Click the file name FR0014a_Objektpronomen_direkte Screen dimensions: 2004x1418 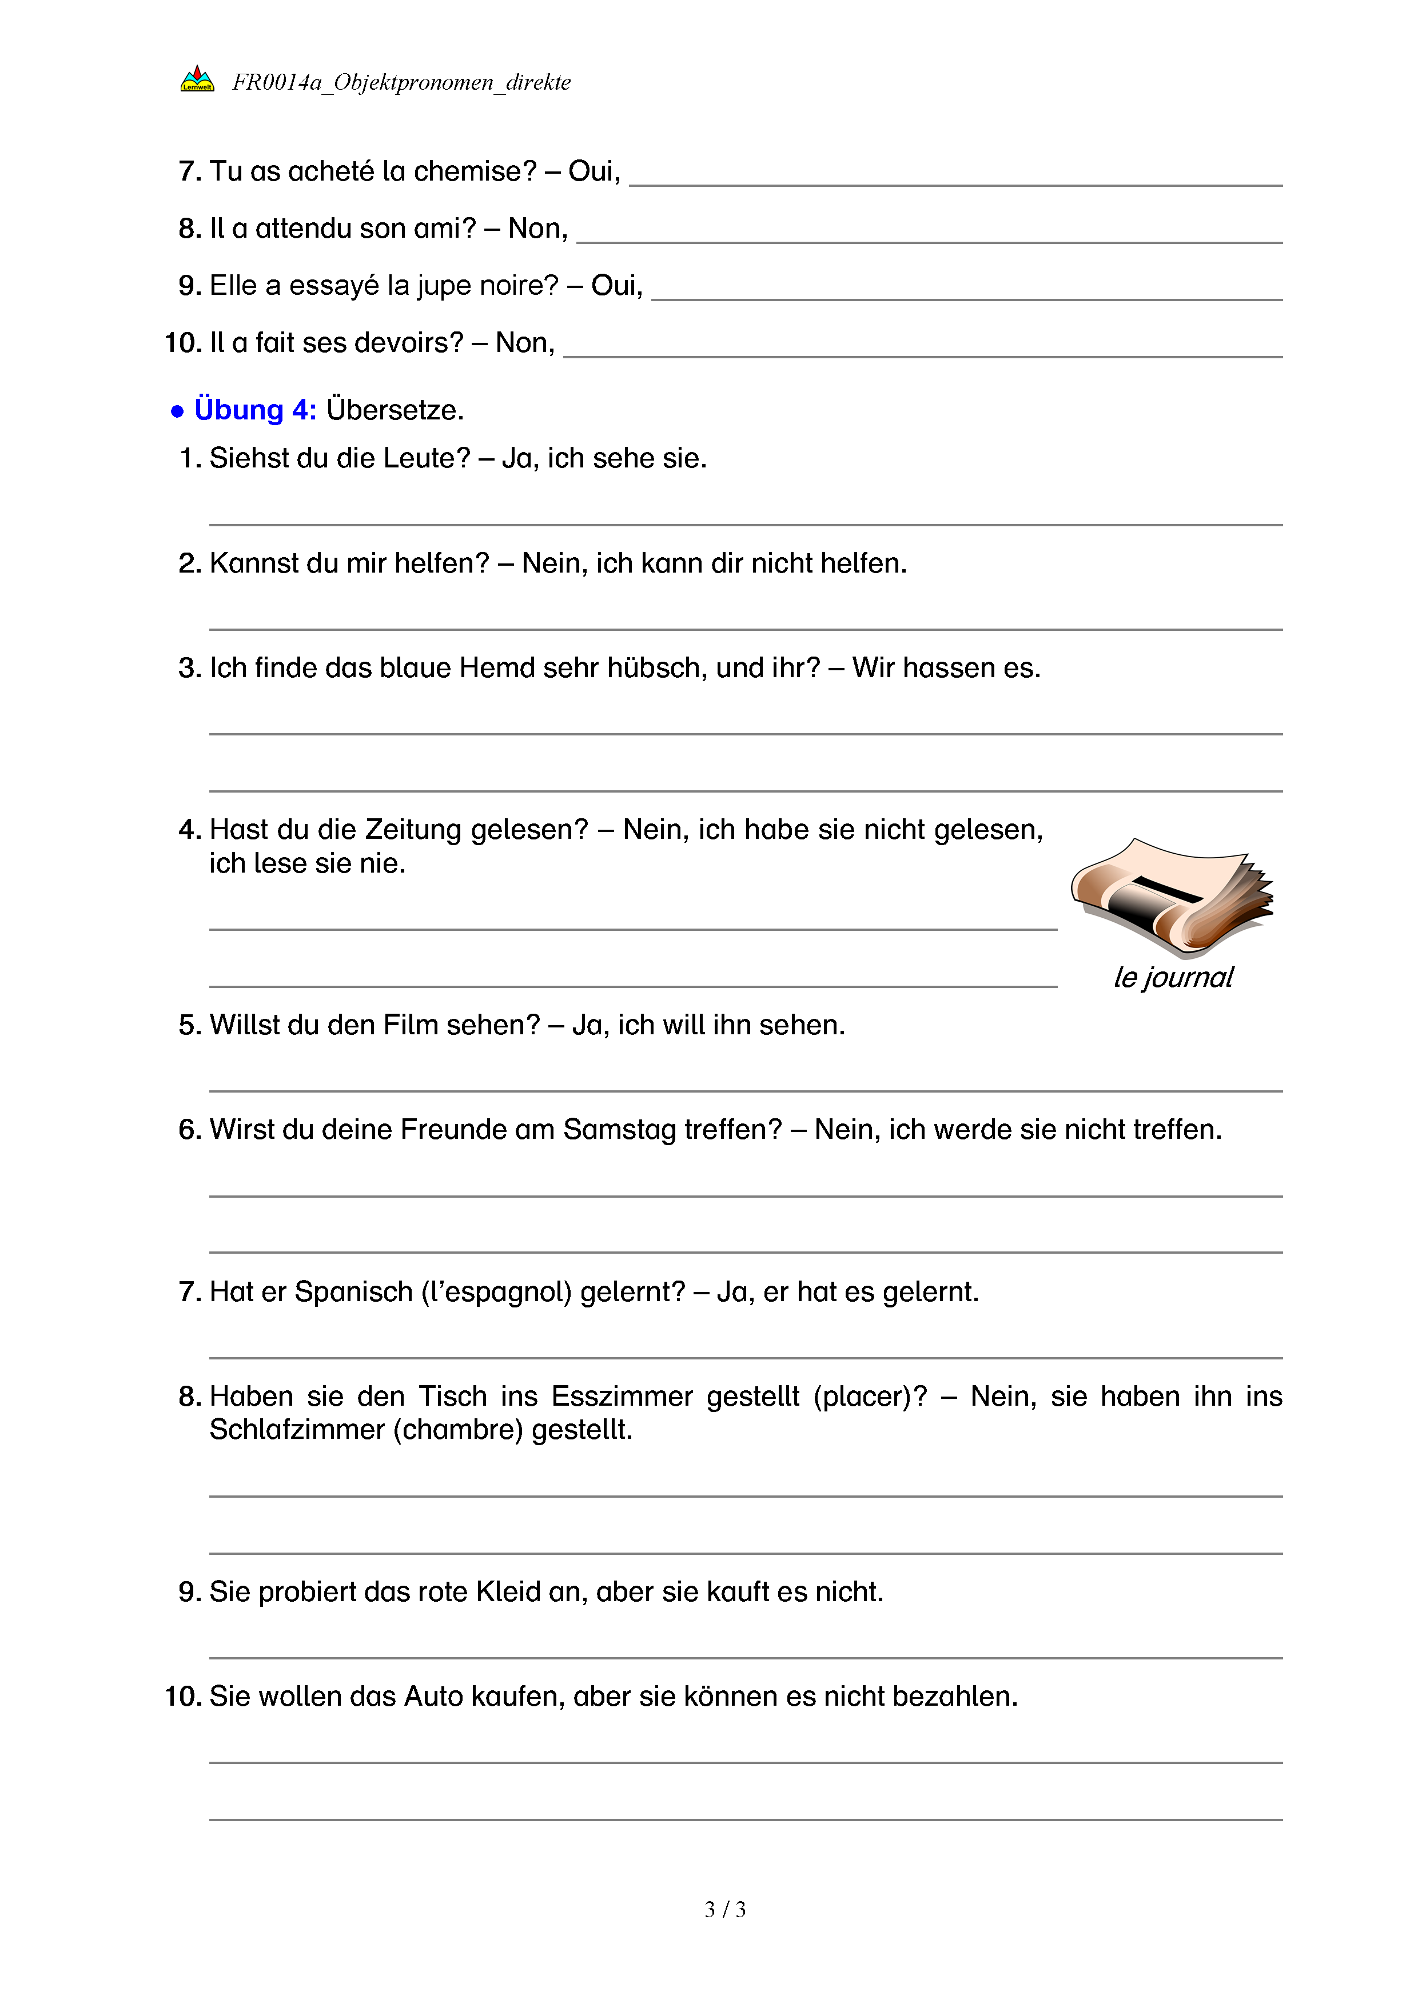click(401, 83)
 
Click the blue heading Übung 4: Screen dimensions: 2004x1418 click(255, 409)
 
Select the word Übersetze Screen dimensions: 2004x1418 click(395, 409)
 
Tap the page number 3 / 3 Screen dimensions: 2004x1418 click(724, 1910)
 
